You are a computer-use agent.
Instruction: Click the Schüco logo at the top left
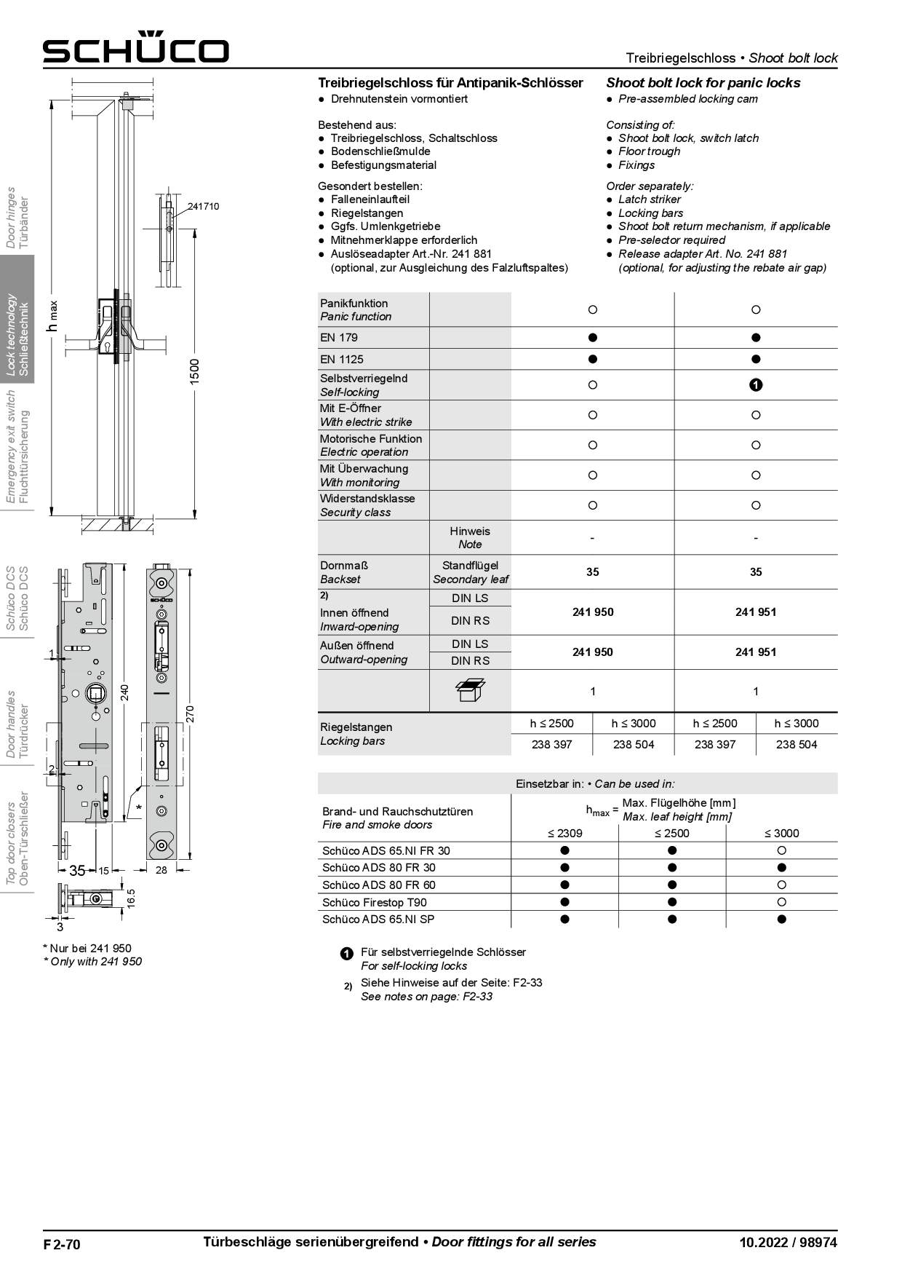tap(135, 49)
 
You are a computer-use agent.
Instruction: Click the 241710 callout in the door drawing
tap(203, 206)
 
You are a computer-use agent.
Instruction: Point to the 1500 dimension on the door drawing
tap(194, 372)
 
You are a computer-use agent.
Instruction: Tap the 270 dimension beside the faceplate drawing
tap(191, 713)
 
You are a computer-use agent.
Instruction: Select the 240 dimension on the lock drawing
tap(124, 692)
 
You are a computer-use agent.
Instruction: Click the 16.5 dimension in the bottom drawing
tap(131, 897)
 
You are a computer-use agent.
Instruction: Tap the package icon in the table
tap(470, 690)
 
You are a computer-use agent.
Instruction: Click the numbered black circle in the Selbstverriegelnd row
tap(756, 385)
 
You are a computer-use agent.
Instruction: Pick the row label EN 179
tap(339, 337)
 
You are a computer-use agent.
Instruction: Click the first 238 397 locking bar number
tap(551, 744)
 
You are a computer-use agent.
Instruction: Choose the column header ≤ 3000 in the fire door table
tap(781, 833)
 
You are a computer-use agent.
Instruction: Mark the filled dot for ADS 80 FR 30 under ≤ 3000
tap(781, 867)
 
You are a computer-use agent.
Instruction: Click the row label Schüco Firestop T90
tap(374, 902)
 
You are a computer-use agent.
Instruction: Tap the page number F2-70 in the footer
tap(61, 1244)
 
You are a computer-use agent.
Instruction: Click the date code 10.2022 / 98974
tap(788, 1243)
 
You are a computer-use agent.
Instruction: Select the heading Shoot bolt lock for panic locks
tap(703, 82)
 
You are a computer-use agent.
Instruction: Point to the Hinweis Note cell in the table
tap(470, 537)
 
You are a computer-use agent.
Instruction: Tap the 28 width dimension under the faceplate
tap(161, 870)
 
